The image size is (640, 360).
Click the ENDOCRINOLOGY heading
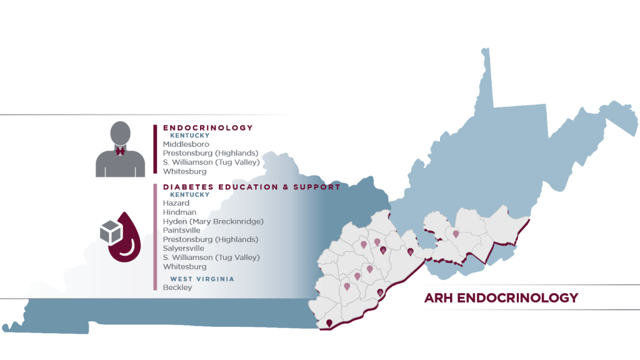[207, 128]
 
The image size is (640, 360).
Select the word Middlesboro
[186, 144]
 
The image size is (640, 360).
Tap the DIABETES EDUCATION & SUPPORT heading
[251, 187]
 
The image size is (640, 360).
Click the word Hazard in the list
[176, 203]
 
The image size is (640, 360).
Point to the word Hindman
[179, 212]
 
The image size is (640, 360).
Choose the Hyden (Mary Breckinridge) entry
[213, 221]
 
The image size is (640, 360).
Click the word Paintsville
[182, 231]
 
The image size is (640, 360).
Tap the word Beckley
[177, 287]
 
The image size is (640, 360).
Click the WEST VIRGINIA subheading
[202, 279]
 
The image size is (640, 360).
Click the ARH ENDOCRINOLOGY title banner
[501, 298]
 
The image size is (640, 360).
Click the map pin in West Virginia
[456, 234]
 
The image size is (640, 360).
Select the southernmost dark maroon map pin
[329, 322]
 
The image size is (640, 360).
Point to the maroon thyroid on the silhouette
[121, 150]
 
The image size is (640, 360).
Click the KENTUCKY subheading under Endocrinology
[190, 136]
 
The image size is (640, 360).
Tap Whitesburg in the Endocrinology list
[185, 171]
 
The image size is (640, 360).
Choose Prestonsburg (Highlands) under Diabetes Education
[211, 239]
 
